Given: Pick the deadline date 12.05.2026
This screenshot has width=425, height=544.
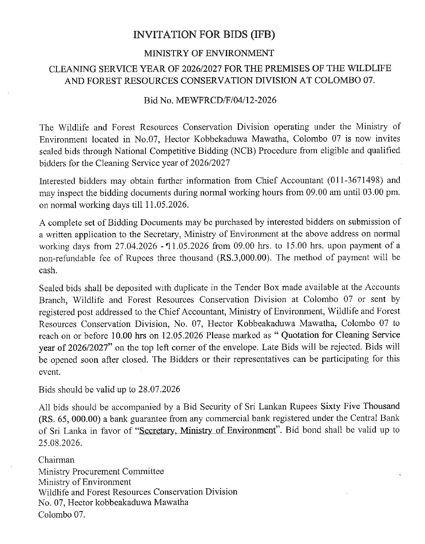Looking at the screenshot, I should pos(184,336).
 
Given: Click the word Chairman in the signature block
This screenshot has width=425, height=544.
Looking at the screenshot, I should pos(56,460).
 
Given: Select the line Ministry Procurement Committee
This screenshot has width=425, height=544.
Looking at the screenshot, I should pos(101,472).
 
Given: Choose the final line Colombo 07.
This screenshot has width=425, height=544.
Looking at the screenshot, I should pos(62,514).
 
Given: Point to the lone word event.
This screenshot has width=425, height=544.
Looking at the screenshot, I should pos(49,372).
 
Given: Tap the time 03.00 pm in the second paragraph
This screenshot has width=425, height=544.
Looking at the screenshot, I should pos(382,192).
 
